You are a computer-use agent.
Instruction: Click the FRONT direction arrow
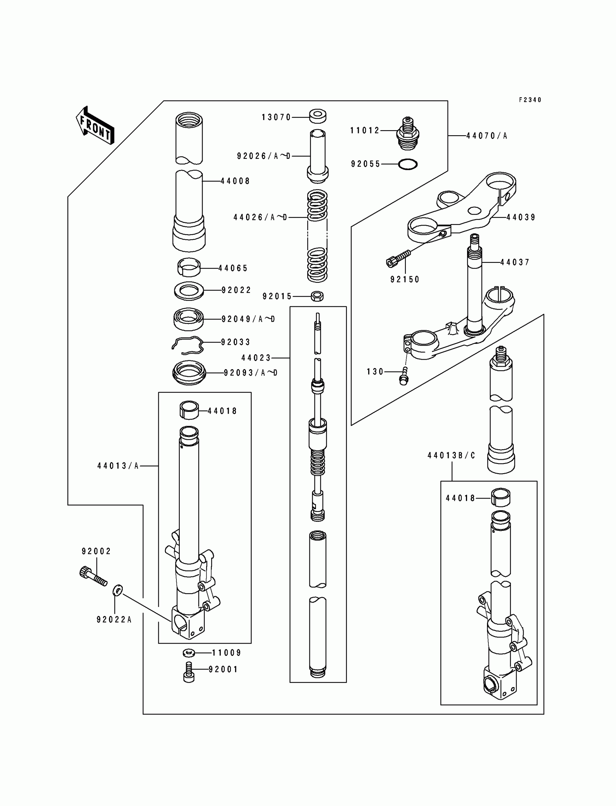point(95,125)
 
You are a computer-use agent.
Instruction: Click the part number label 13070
point(276,117)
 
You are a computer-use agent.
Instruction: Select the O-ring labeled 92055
point(407,164)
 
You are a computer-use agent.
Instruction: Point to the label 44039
point(521,217)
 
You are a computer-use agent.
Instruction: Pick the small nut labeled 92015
point(317,296)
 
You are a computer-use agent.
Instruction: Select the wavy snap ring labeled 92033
point(187,345)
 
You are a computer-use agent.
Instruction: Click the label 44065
point(233,268)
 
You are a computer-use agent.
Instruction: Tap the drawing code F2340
point(530,100)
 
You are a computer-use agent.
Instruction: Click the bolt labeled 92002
point(93,577)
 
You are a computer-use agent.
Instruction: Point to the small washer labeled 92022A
point(118,590)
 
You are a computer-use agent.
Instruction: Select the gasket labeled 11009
point(188,653)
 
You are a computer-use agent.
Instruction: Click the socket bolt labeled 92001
point(188,672)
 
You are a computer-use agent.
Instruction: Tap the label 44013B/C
point(451,455)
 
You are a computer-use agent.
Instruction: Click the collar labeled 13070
point(317,116)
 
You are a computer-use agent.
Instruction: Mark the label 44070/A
point(487,136)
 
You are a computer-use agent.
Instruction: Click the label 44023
point(256,358)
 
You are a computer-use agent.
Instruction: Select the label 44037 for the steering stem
point(515,262)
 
